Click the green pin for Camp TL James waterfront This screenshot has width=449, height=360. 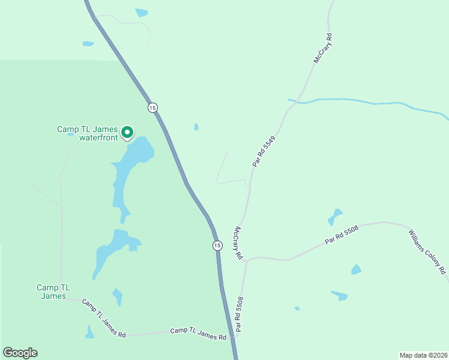click(127, 131)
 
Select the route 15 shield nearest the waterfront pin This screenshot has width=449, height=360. click(152, 107)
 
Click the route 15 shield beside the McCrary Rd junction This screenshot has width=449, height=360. click(217, 245)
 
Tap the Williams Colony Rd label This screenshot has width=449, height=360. click(427, 251)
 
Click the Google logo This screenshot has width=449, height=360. click(20, 353)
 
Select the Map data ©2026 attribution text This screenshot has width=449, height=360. click(423, 355)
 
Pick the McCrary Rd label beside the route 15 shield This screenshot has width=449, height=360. click(238, 243)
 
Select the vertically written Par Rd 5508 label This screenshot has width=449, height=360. click(240, 314)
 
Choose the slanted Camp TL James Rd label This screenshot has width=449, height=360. click(104, 318)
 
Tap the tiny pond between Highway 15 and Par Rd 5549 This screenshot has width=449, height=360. click(196, 127)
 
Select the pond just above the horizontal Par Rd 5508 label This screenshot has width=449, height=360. click(334, 215)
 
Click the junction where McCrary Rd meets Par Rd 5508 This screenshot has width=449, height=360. click(247, 260)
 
